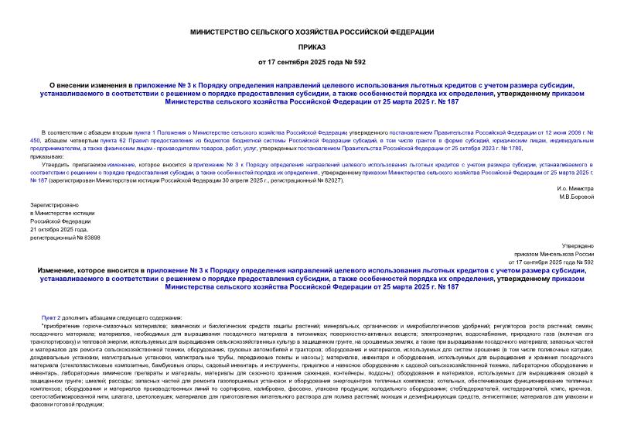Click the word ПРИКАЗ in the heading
click(312, 46)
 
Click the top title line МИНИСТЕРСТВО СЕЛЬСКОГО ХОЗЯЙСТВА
click(312, 32)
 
